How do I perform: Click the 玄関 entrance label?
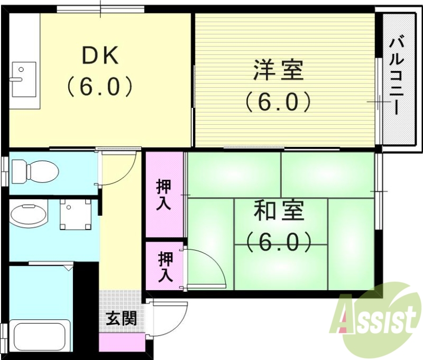click(122, 318)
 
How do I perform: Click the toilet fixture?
click(35, 170)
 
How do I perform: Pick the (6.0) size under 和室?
click(279, 242)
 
